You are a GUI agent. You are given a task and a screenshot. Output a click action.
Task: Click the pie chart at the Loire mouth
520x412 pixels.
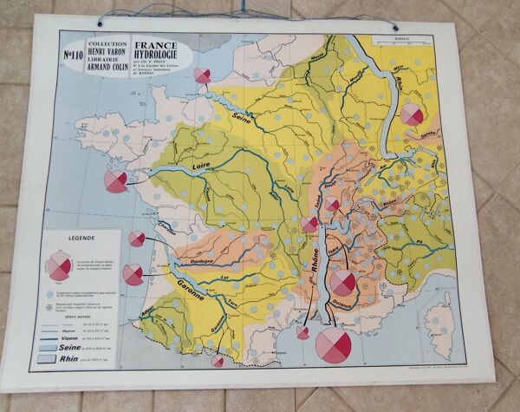click(115, 181)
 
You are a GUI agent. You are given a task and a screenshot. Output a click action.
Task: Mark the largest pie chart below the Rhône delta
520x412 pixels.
click(333, 345)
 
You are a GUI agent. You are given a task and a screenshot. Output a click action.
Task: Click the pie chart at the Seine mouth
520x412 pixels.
click(203, 76)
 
